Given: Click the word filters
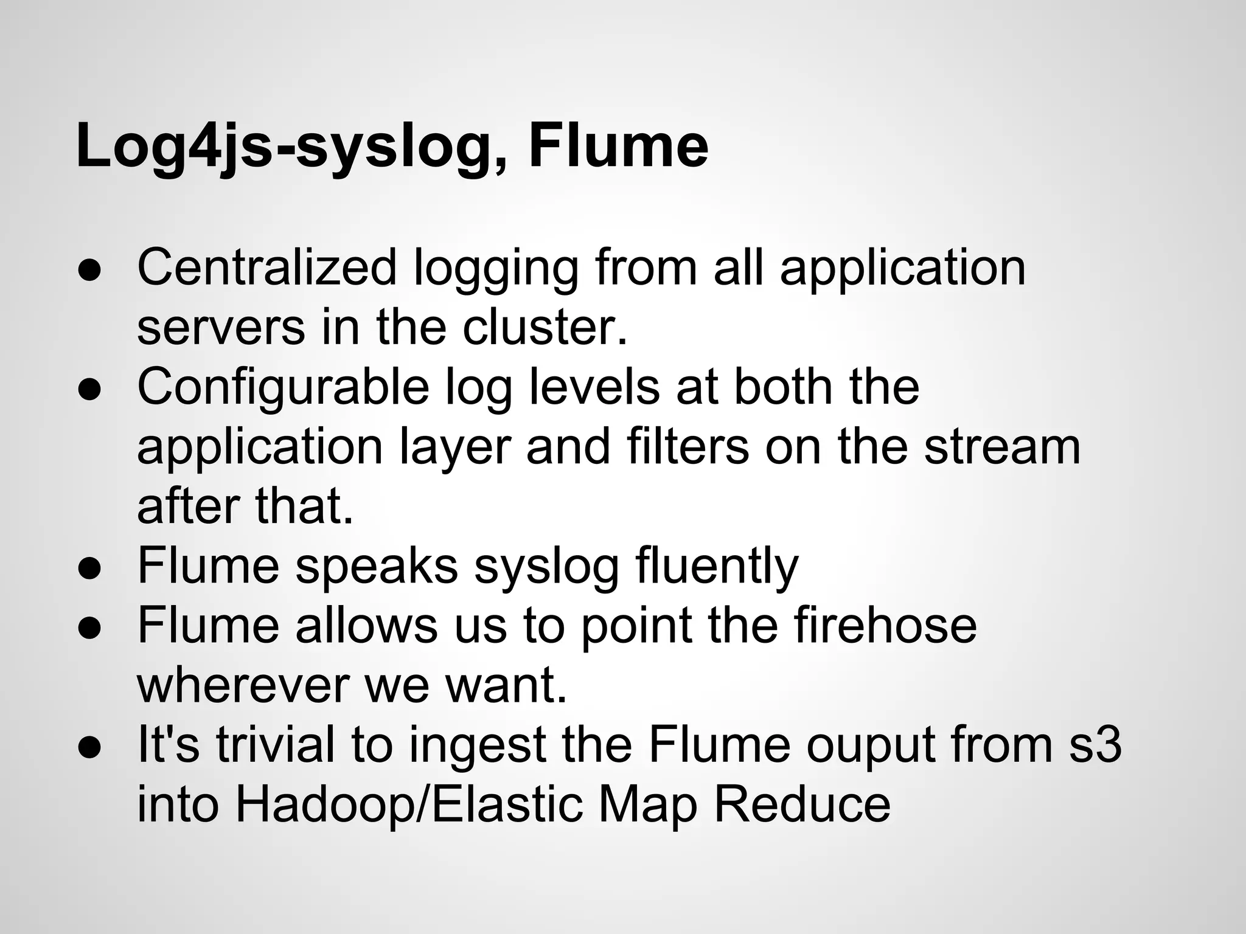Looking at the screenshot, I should [687, 446].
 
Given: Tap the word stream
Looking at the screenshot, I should [1002, 446].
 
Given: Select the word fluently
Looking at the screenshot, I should [716, 566].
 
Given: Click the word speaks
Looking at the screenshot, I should [377, 566].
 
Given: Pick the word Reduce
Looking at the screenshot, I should [802, 804].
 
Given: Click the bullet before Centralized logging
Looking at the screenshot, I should [89, 271].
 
